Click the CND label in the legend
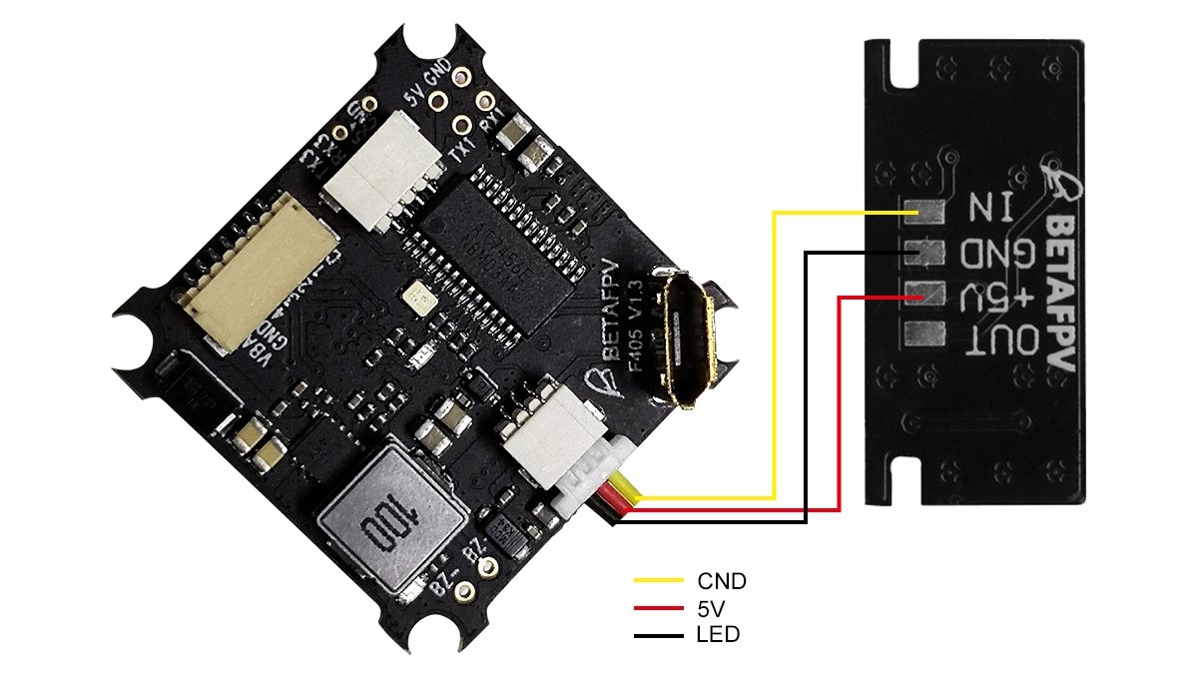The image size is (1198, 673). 722,580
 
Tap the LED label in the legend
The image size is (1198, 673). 717,634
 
